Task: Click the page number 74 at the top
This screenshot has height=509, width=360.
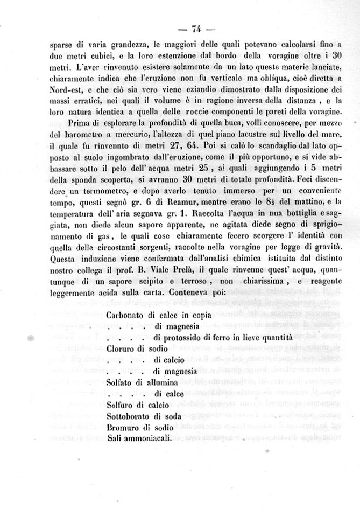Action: coord(195,29)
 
